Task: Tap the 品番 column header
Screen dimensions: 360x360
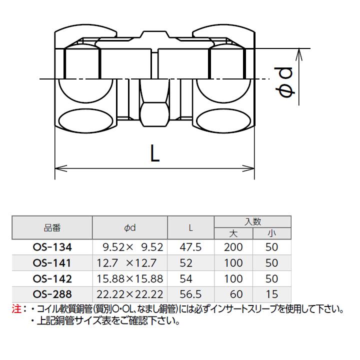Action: coord(52,228)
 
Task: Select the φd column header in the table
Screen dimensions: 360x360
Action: coord(130,228)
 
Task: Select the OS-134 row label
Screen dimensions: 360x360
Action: coord(52,247)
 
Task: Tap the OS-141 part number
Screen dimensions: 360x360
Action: coord(52,262)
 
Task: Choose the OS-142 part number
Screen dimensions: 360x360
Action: coord(52,278)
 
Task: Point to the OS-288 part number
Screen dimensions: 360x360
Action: coord(52,294)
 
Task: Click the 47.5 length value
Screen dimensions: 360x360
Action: coord(191,247)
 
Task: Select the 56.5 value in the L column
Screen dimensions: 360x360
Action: coord(191,294)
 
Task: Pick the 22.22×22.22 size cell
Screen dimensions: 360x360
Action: coord(130,294)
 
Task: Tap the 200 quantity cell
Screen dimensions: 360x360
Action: coord(233,247)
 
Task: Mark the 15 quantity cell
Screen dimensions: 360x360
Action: coord(272,294)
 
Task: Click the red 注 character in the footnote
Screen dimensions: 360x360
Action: coord(15,309)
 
